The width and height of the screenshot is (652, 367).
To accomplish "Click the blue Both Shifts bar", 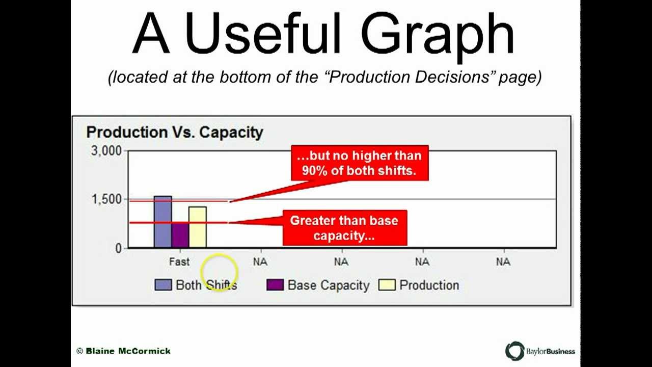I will tap(162, 222).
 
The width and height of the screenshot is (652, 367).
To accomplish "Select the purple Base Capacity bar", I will tap(180, 235).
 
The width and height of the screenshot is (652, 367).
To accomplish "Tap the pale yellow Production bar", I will tap(198, 227).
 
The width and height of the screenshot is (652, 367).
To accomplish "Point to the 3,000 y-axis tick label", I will tap(106, 151).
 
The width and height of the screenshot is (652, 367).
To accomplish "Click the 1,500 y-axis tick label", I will tap(106, 199).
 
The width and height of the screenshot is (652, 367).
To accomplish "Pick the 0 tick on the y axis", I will tap(119, 248).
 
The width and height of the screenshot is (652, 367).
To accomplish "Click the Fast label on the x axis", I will tap(179, 262).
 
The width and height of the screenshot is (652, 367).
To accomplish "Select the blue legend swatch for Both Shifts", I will tap(163, 285).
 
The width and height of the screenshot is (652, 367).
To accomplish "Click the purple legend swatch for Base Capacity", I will tap(275, 285).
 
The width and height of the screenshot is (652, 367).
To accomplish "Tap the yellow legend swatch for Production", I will tap(387, 285).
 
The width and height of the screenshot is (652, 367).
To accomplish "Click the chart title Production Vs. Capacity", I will tap(174, 133).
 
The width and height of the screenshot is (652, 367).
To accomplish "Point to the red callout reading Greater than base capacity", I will tap(344, 228).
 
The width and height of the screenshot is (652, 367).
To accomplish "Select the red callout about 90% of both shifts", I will tap(359, 163).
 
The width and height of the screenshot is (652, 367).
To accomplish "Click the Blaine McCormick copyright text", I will tap(124, 351).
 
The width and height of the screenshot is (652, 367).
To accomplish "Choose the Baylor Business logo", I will tap(540, 351).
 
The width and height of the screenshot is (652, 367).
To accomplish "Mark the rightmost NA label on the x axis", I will tap(503, 262).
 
